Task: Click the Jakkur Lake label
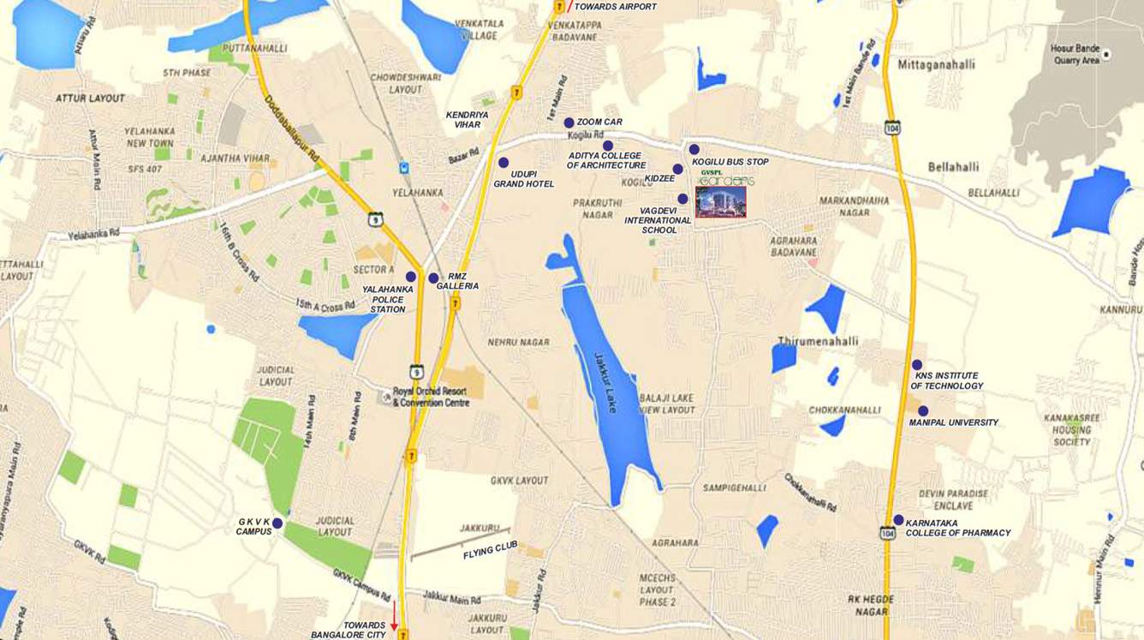(x=605, y=382)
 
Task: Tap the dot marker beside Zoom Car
(x=569, y=123)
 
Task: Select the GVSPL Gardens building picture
(x=720, y=201)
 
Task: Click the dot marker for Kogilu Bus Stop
(x=694, y=149)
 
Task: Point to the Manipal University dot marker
(x=923, y=410)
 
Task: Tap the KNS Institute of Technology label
(x=946, y=380)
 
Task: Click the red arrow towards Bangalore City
(x=394, y=616)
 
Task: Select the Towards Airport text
(x=615, y=7)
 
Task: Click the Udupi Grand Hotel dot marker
(x=503, y=162)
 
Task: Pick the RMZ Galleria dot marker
(x=433, y=278)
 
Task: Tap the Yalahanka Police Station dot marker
(x=411, y=277)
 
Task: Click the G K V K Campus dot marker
(x=277, y=522)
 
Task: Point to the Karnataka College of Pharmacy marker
(x=898, y=520)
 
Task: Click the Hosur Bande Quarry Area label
(x=1075, y=55)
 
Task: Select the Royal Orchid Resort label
(x=431, y=397)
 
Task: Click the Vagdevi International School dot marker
(x=682, y=199)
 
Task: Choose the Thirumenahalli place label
(x=817, y=341)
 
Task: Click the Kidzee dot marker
(x=677, y=169)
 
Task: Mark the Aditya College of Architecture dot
(x=608, y=145)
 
